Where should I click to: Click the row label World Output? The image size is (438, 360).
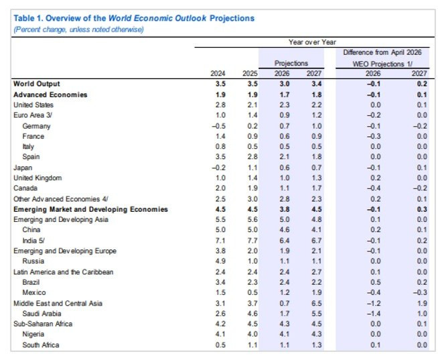[37, 84]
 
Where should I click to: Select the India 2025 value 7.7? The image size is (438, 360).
[252, 241]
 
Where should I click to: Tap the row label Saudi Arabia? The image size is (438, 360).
[42, 314]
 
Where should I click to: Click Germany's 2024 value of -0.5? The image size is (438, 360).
[218, 126]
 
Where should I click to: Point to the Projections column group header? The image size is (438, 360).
[291, 63]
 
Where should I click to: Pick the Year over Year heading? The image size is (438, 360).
[312, 42]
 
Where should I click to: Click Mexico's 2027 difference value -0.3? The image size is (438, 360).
[420, 292]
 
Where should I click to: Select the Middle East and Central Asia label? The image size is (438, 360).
[58, 304]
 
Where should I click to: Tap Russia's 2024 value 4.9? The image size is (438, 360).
[220, 261]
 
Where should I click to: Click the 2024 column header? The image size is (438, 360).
[218, 74]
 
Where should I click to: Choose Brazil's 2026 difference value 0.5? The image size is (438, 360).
[376, 282]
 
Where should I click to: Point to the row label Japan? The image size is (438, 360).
[23, 168]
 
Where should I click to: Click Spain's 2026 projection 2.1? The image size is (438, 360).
[285, 157]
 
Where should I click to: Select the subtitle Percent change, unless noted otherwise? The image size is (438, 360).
[78, 29]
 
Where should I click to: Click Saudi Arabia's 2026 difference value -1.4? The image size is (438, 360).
[374, 314]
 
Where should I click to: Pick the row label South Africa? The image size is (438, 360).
[41, 345]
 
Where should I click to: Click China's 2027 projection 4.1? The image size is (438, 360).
[317, 230]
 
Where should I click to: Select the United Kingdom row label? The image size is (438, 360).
[38, 178]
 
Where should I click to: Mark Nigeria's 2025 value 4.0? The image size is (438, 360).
[252, 334]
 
